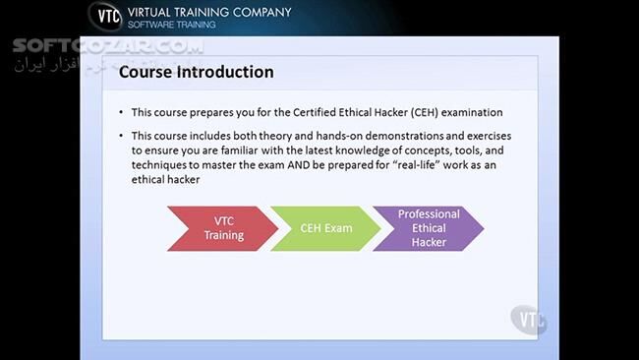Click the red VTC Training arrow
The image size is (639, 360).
pos(222,228)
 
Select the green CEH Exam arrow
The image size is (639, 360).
pos(325,228)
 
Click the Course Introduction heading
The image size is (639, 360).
pos(196,73)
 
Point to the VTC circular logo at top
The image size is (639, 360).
pos(105,18)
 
